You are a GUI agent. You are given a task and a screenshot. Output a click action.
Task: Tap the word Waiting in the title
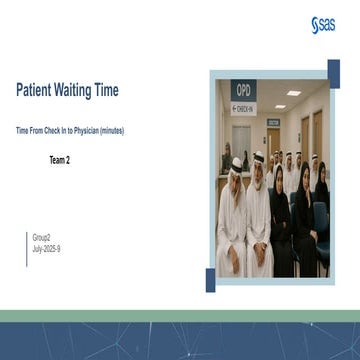(x=83, y=91)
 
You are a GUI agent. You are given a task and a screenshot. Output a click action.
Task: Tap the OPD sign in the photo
(x=241, y=87)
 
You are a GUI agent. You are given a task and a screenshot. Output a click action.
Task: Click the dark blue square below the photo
(x=212, y=281)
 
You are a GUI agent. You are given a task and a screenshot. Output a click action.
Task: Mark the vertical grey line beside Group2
(x=29, y=242)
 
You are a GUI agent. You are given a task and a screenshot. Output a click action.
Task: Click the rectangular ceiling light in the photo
(x=293, y=93)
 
